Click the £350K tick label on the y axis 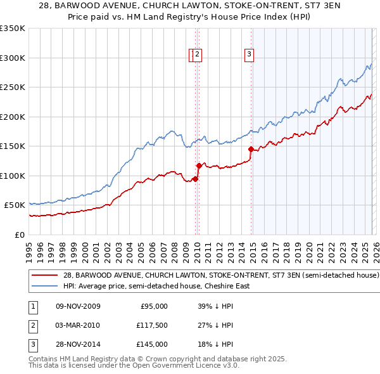[x=13, y=29]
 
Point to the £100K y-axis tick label [x=13, y=176]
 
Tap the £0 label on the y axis [x=20, y=235]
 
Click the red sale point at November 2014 [x=251, y=150]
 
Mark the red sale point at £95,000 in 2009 [x=195, y=179]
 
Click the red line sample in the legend [x=44, y=276]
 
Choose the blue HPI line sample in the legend [x=44, y=286]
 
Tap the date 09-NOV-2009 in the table [x=78, y=306]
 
